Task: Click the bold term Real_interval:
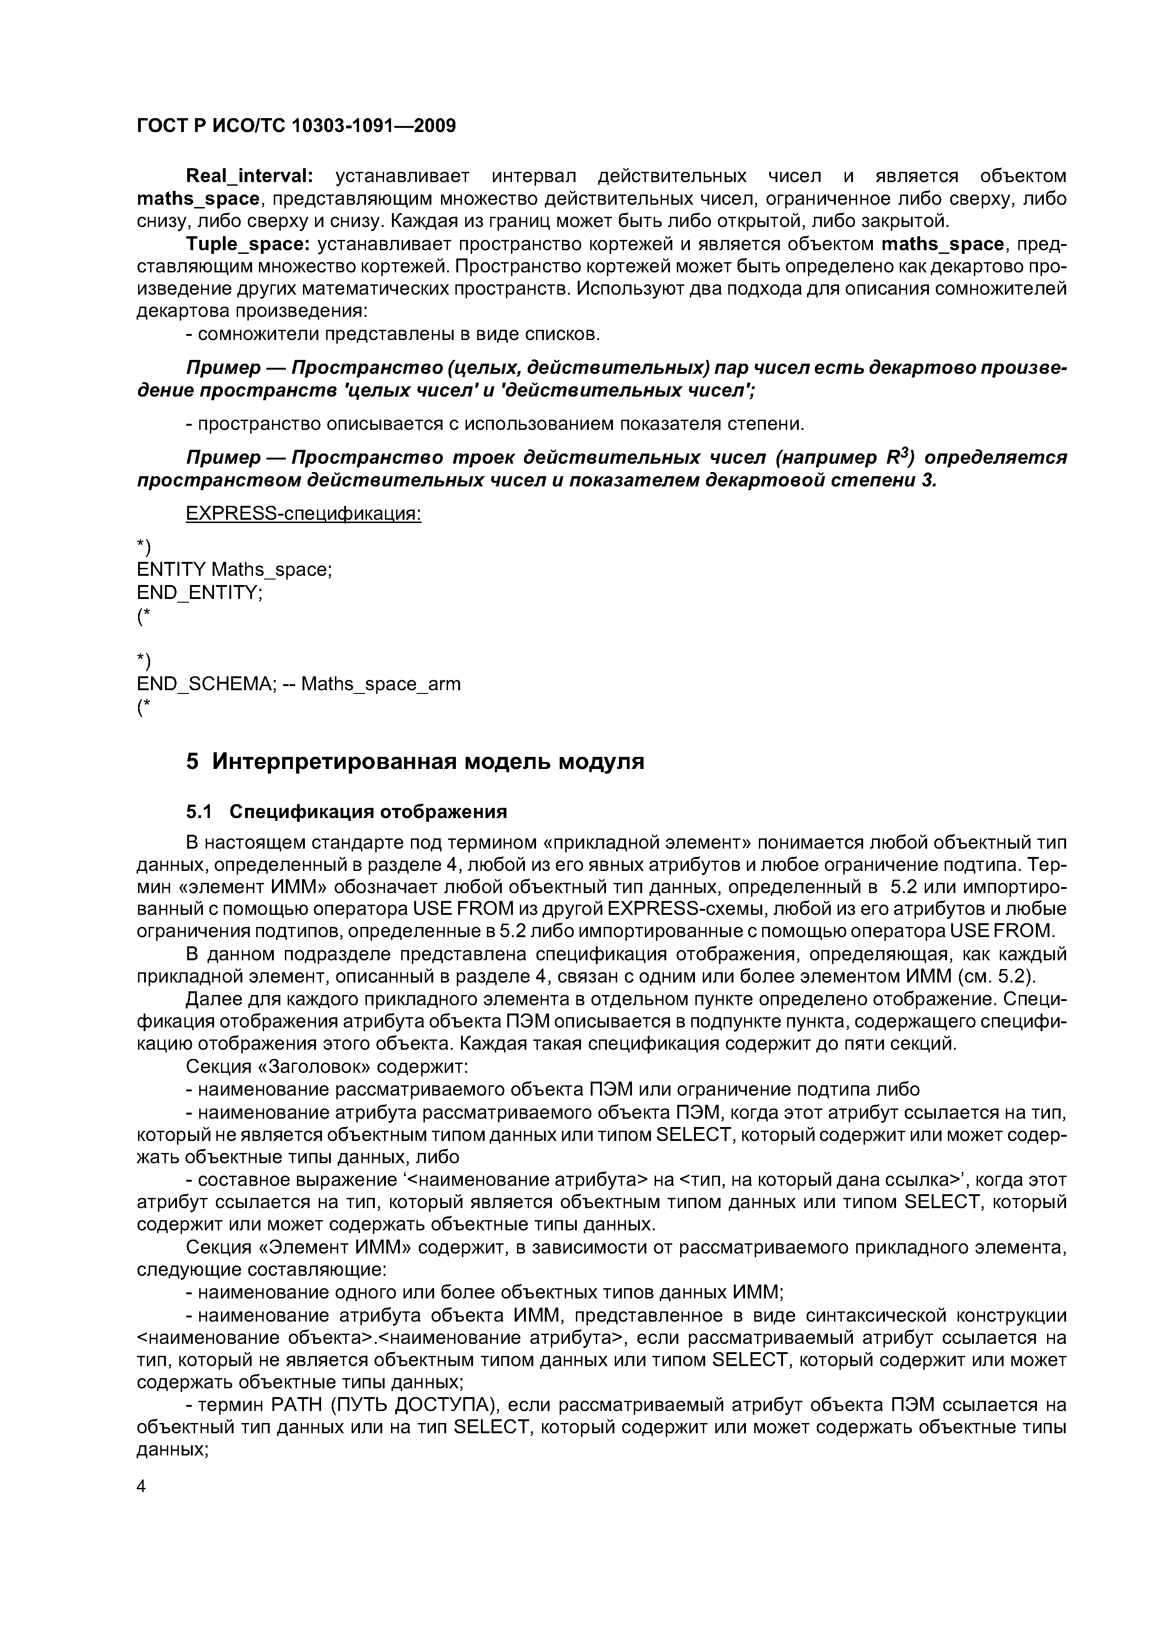[x=248, y=176]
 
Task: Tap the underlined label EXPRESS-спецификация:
[x=303, y=514]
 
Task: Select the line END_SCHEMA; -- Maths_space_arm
[x=298, y=684]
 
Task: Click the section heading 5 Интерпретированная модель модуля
[x=415, y=762]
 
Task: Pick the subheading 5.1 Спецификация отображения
[x=346, y=811]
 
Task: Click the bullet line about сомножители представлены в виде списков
[x=392, y=334]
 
